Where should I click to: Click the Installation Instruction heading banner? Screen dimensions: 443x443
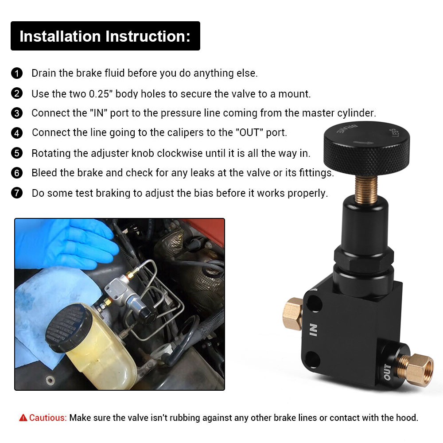point(105,36)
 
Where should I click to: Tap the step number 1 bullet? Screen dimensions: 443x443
point(17,73)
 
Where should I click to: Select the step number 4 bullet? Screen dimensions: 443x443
point(17,133)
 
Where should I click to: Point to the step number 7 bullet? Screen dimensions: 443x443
point(17,193)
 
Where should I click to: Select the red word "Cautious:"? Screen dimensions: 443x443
point(48,418)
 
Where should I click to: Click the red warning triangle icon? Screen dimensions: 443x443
point(23,418)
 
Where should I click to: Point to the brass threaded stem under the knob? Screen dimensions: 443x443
point(366,189)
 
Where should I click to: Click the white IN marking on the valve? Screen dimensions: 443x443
point(313,330)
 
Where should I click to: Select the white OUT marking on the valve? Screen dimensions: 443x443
point(387,372)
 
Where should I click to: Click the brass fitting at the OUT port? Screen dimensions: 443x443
point(416,369)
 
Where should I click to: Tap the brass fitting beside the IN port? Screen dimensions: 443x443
point(293,314)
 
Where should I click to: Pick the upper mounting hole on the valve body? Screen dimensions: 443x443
point(314,303)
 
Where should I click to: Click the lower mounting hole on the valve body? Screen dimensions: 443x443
point(312,359)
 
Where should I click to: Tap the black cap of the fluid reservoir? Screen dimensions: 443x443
point(68,327)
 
